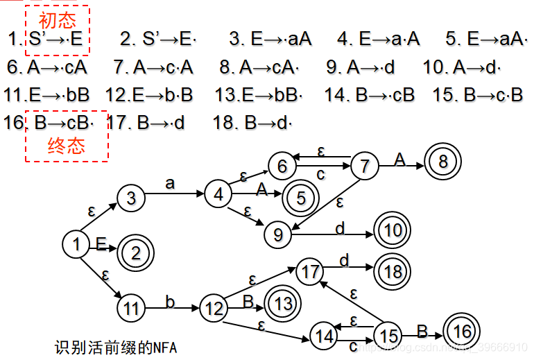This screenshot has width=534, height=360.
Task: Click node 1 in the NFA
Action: pyautogui.click(x=76, y=243)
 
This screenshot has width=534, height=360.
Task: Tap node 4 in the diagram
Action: pyautogui.click(x=218, y=195)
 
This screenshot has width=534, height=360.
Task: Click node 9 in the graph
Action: pyautogui.click(x=277, y=234)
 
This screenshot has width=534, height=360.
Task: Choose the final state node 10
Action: pyautogui.click(x=393, y=230)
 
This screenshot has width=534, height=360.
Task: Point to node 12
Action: pyautogui.click(x=214, y=307)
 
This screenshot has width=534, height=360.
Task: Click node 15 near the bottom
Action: pyautogui.click(x=387, y=336)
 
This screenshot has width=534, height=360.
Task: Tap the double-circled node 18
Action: pyautogui.click(x=393, y=271)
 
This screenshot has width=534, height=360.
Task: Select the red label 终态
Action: pyautogui.click(x=67, y=146)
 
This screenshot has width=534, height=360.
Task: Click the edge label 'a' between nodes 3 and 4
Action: pyautogui.click(x=171, y=183)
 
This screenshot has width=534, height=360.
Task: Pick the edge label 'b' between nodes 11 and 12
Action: pyautogui.click(x=170, y=300)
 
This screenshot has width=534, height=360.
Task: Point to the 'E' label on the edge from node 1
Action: pyautogui.click(x=101, y=243)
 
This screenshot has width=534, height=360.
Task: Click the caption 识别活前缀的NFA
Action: pyautogui.click(x=116, y=347)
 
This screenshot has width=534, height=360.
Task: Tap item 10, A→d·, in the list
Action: pyautogui.click(x=463, y=67)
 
